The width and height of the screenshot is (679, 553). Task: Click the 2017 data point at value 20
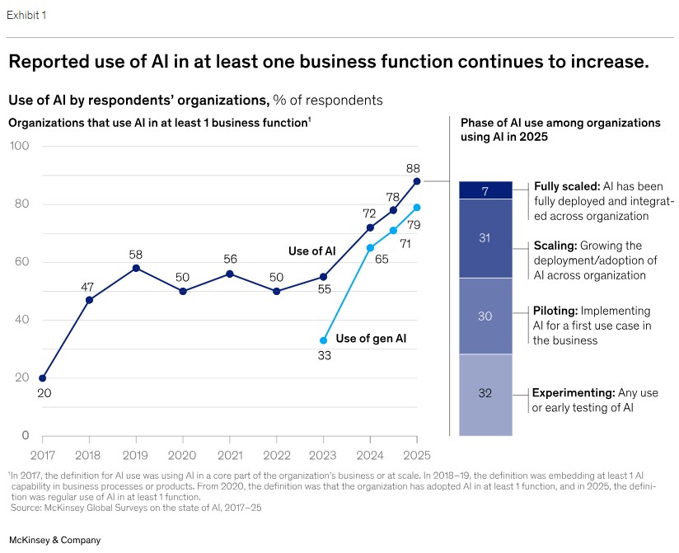coord(42,378)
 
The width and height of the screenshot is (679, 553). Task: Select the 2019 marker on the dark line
coord(136,268)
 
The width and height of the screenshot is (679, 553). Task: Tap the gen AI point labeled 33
coord(323,340)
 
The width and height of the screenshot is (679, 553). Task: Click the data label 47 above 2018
coord(88,287)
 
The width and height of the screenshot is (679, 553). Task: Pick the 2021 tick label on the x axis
coord(230,454)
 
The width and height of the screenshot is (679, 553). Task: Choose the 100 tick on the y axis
coord(20,147)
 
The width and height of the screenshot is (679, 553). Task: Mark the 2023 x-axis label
coord(323,454)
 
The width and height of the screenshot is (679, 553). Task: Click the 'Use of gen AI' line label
coord(370,338)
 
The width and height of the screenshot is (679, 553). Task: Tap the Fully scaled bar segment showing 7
coord(485,190)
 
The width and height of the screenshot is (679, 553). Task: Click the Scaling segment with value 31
coord(485,238)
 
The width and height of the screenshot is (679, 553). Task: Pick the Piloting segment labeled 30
coord(485,316)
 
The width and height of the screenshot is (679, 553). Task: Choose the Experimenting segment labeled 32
coord(485,393)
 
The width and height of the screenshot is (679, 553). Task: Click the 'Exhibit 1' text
coord(26,16)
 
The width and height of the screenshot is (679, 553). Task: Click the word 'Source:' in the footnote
coord(26,507)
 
